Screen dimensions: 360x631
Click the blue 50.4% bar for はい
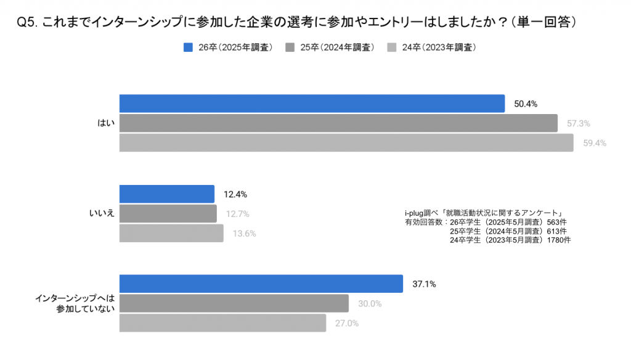[x=312, y=104]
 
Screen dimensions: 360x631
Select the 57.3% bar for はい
[x=338, y=123]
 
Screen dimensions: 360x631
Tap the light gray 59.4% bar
[x=346, y=143]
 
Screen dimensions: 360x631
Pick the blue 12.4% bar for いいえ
[x=166, y=194]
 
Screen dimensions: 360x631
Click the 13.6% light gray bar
[x=171, y=234]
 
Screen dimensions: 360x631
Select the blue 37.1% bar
[x=261, y=284]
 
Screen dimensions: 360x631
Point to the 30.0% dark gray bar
[x=234, y=303]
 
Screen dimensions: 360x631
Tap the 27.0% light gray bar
[x=222, y=323]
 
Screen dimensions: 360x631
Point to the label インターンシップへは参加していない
[x=75, y=303]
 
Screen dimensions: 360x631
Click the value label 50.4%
[x=526, y=104]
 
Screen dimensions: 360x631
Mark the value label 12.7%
[x=237, y=214]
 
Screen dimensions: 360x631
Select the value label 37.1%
[x=424, y=284]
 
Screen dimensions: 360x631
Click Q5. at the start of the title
[x=27, y=23]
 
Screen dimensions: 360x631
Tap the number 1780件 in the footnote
[x=558, y=240]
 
